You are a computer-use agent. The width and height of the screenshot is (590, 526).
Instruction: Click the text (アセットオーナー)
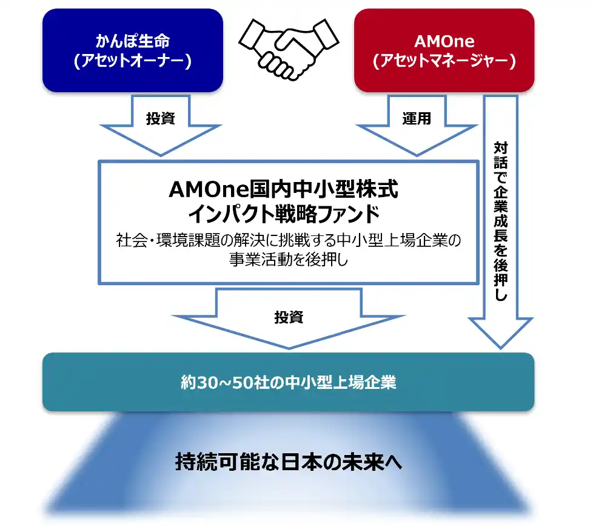133,61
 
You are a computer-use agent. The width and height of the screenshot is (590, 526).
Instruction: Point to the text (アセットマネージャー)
444,61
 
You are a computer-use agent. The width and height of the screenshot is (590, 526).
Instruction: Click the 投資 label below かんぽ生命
161,118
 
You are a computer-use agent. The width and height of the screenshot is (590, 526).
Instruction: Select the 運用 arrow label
417,118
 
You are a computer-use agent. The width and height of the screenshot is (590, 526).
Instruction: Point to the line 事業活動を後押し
288,259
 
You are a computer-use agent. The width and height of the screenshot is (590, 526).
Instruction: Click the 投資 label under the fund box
289,317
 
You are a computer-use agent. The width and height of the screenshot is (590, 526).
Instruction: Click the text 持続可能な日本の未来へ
288,462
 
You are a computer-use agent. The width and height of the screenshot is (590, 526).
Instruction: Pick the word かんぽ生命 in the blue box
133,42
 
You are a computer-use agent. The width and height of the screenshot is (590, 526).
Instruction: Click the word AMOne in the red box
444,42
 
